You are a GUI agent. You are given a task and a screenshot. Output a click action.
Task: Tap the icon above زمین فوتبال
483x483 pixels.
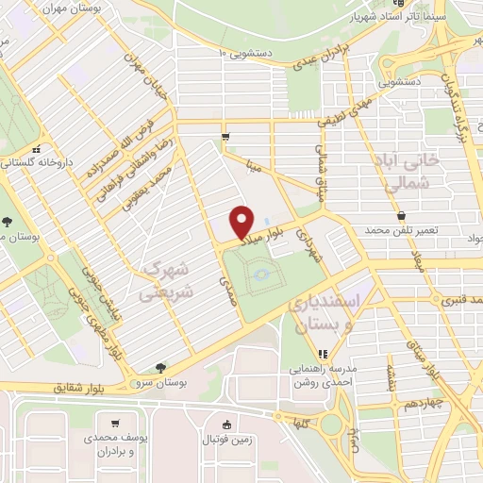[225, 424]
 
